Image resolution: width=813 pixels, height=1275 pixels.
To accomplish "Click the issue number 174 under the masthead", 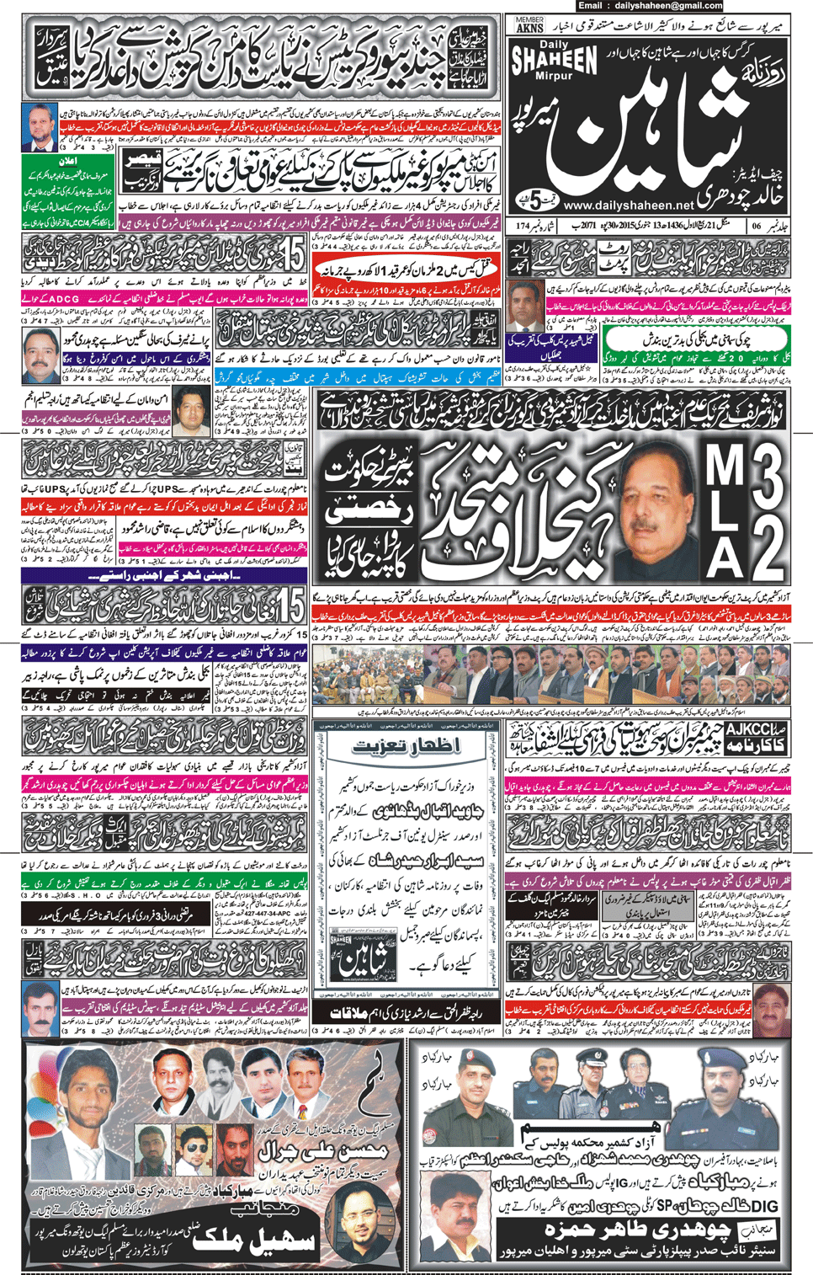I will [x=522, y=226].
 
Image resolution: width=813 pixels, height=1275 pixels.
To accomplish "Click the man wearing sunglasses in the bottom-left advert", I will [x=194, y=1146].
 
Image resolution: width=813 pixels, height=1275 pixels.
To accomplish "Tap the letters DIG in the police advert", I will [x=765, y=1204].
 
